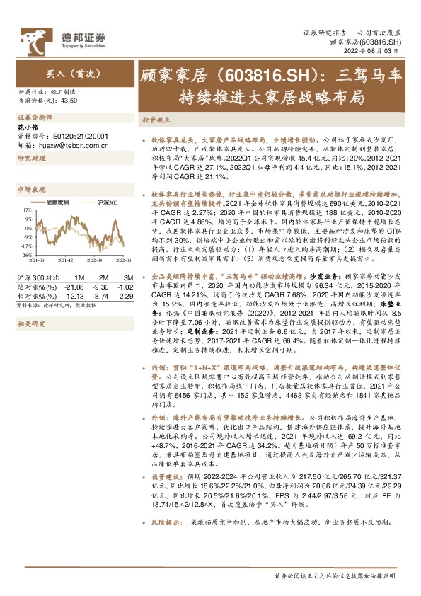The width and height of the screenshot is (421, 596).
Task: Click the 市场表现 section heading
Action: pos(30,190)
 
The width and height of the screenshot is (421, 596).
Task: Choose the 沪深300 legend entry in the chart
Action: pos(105,203)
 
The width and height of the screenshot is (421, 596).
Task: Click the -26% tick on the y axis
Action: pos(25,254)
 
